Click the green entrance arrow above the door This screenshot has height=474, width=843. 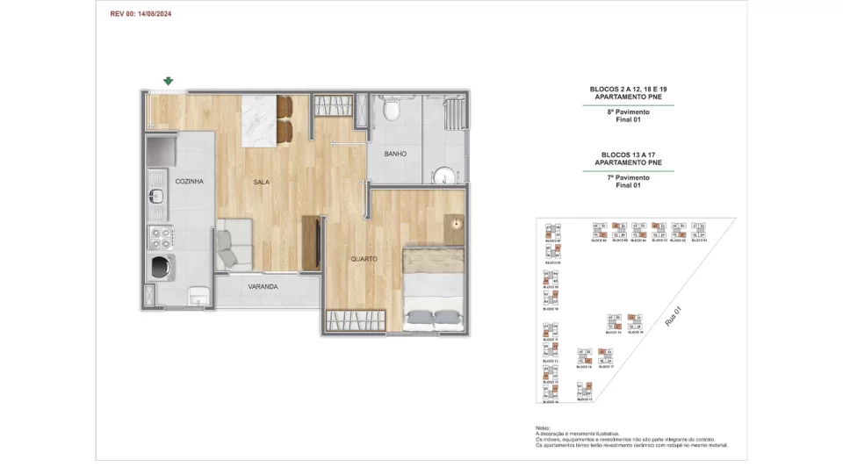click(168, 82)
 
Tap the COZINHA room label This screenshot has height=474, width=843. click(189, 181)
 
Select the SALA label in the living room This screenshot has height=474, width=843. click(261, 182)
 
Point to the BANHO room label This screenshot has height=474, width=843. click(394, 154)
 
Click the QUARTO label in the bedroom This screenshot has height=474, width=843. click(364, 259)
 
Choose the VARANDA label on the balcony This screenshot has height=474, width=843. click(263, 286)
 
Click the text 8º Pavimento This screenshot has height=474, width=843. click(628, 112)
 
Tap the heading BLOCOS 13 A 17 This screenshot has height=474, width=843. click(628, 154)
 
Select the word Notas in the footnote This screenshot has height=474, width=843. click(545, 428)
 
